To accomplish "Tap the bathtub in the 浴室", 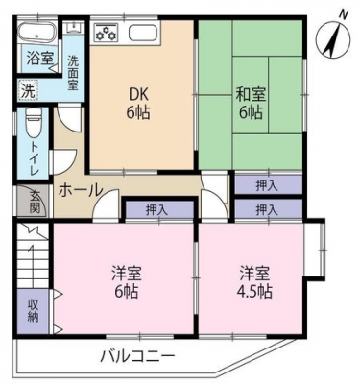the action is coord(36,33).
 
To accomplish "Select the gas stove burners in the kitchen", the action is coord(106,33).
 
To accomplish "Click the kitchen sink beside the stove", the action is coord(143,33).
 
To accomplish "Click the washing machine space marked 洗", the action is coord(29,90).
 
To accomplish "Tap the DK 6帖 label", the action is coord(138,103).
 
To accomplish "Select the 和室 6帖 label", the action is coord(251,104).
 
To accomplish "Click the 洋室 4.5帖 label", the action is coord(254,282).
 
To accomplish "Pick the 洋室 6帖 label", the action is coord(127,282).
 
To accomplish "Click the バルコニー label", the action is coord(138,356).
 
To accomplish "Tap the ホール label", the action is coord(81,190).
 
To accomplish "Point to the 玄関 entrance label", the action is coord(35,203).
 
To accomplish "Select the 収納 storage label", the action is coord(33,310).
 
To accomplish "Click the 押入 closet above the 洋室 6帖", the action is coord(156,210).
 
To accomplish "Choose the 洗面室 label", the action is coord(73,73).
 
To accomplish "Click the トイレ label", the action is coord(35,158).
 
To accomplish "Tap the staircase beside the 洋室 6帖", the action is coord(33,256).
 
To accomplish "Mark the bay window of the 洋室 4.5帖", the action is coord(315,250).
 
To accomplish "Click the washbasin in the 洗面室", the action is coord(74,28).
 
